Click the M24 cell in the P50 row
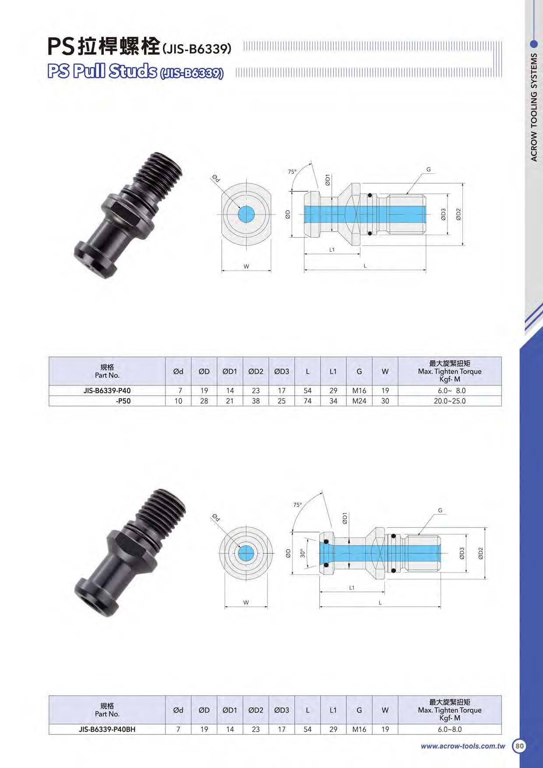click(359, 401)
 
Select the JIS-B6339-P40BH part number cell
click(107, 729)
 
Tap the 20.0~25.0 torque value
click(450, 401)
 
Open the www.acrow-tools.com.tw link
click(463, 746)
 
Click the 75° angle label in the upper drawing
click(292, 172)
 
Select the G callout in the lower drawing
click(440, 510)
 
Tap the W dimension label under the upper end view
click(246, 266)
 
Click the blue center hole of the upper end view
click(247, 214)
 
